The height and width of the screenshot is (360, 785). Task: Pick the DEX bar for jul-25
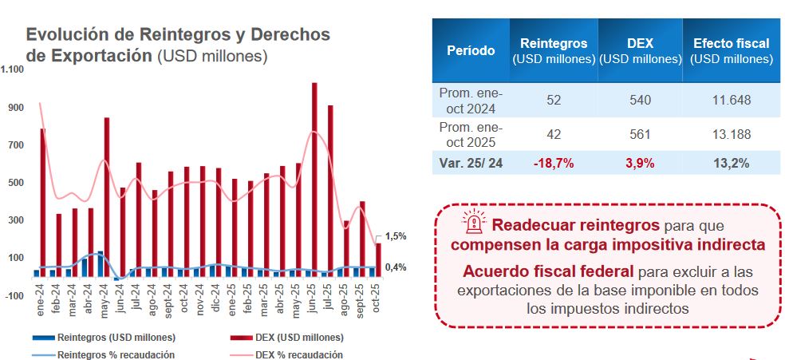tap(330, 191)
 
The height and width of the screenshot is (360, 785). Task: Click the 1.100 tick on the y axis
tap(13, 69)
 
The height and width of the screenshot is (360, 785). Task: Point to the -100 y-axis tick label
tap(14, 295)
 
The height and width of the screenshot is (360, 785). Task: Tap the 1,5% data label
tap(396, 236)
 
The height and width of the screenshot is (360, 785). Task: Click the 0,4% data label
tap(396, 267)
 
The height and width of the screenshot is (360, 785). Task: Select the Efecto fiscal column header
tap(731, 50)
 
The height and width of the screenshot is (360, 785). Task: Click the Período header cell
tap(470, 50)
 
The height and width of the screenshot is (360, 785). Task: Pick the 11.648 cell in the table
tap(731, 100)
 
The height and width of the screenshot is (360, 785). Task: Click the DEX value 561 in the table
tap(641, 134)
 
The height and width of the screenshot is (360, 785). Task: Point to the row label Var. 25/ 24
tap(471, 163)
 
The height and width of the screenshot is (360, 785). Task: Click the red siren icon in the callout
tap(475, 224)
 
